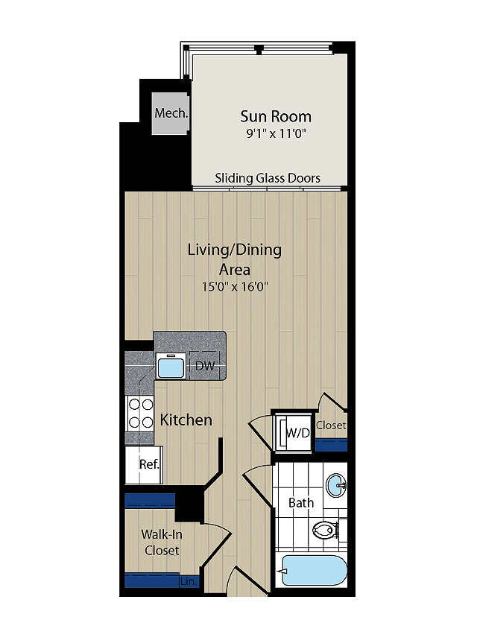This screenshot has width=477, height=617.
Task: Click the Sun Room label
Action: pyautogui.click(x=276, y=116)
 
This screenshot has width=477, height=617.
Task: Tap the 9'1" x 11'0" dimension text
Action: pyautogui.click(x=276, y=134)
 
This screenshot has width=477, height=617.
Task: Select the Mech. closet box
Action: pyautogui.click(x=171, y=114)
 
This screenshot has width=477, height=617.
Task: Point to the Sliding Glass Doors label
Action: pyautogui.click(x=268, y=178)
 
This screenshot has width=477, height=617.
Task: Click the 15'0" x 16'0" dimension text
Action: pyautogui.click(x=235, y=287)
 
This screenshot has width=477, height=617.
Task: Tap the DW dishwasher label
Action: pyautogui.click(x=205, y=366)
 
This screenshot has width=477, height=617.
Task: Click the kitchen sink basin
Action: pyautogui.click(x=171, y=367)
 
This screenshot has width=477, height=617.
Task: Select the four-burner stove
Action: pyautogui.click(x=139, y=414)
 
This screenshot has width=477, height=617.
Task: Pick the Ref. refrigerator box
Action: pyautogui.click(x=144, y=465)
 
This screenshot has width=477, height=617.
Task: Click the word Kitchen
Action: pyautogui.click(x=186, y=420)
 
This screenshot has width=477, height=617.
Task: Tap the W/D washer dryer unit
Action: pyautogui.click(x=294, y=432)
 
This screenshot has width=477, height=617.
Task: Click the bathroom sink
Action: pyautogui.click(x=336, y=486)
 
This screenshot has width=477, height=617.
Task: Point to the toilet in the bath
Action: pyautogui.click(x=326, y=529)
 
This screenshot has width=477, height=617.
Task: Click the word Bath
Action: pyautogui.click(x=301, y=503)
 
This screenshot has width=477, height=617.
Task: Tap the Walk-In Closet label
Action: pyautogui.click(x=162, y=542)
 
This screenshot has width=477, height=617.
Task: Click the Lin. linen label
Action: pyautogui.click(x=189, y=581)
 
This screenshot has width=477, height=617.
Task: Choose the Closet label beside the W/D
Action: pyautogui.click(x=331, y=425)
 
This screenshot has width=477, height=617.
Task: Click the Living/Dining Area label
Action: pyautogui.click(x=235, y=260)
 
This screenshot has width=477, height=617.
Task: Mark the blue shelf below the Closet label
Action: pyautogui.click(x=332, y=446)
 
